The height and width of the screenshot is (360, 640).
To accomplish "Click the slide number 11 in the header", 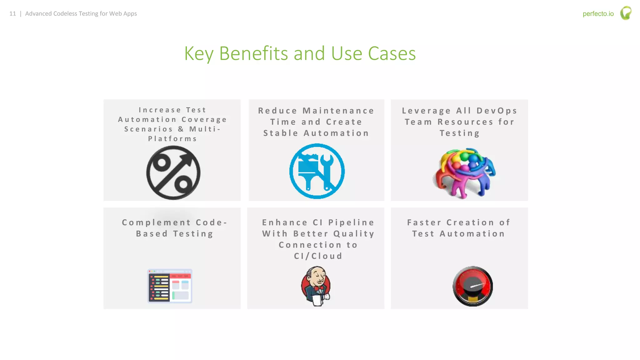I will (x=12, y=14).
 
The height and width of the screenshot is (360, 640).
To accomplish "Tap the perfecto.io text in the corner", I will (x=598, y=14).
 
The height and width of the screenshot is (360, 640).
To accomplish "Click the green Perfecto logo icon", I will (x=626, y=13).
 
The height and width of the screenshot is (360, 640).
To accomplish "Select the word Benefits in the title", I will (x=253, y=53).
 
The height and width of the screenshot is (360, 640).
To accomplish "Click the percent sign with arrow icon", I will (x=173, y=172).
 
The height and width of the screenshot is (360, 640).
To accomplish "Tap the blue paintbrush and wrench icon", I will (x=317, y=171).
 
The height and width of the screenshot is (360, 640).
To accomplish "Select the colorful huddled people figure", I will (x=464, y=173).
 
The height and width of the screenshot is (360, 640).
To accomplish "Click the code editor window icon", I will (x=170, y=286).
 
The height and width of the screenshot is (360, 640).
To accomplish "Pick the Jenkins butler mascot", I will (x=316, y=286).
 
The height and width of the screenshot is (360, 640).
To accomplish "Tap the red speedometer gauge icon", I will (x=472, y=286).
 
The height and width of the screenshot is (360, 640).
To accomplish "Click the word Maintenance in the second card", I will (x=338, y=111).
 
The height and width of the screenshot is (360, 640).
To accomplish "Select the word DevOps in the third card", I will (x=497, y=111).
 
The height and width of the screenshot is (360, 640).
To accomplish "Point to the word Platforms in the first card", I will (x=172, y=139).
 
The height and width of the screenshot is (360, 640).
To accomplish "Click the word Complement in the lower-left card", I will (x=156, y=222).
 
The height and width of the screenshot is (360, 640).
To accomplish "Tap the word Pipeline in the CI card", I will (x=351, y=222).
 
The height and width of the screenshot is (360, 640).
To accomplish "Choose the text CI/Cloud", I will (x=318, y=256).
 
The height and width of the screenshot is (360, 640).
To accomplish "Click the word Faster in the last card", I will (x=424, y=222).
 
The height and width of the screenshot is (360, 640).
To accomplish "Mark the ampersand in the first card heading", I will (x=181, y=129).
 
